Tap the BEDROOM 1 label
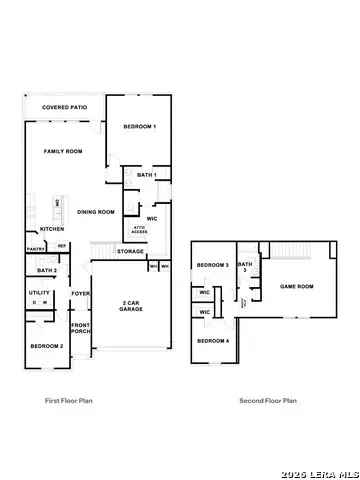pos(140,128)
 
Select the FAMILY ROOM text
pos(62,151)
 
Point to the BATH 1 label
pos(148,176)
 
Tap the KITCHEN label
pos(51,229)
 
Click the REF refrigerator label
pos(61,246)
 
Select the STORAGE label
pos(130,251)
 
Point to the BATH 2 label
pos(45,270)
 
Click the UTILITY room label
pos(40,293)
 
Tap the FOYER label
pos(80,294)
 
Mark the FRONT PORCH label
pos(81,329)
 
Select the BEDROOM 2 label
pos(46,345)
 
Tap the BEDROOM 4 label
pos(213,341)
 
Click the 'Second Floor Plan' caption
pos(267,401)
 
